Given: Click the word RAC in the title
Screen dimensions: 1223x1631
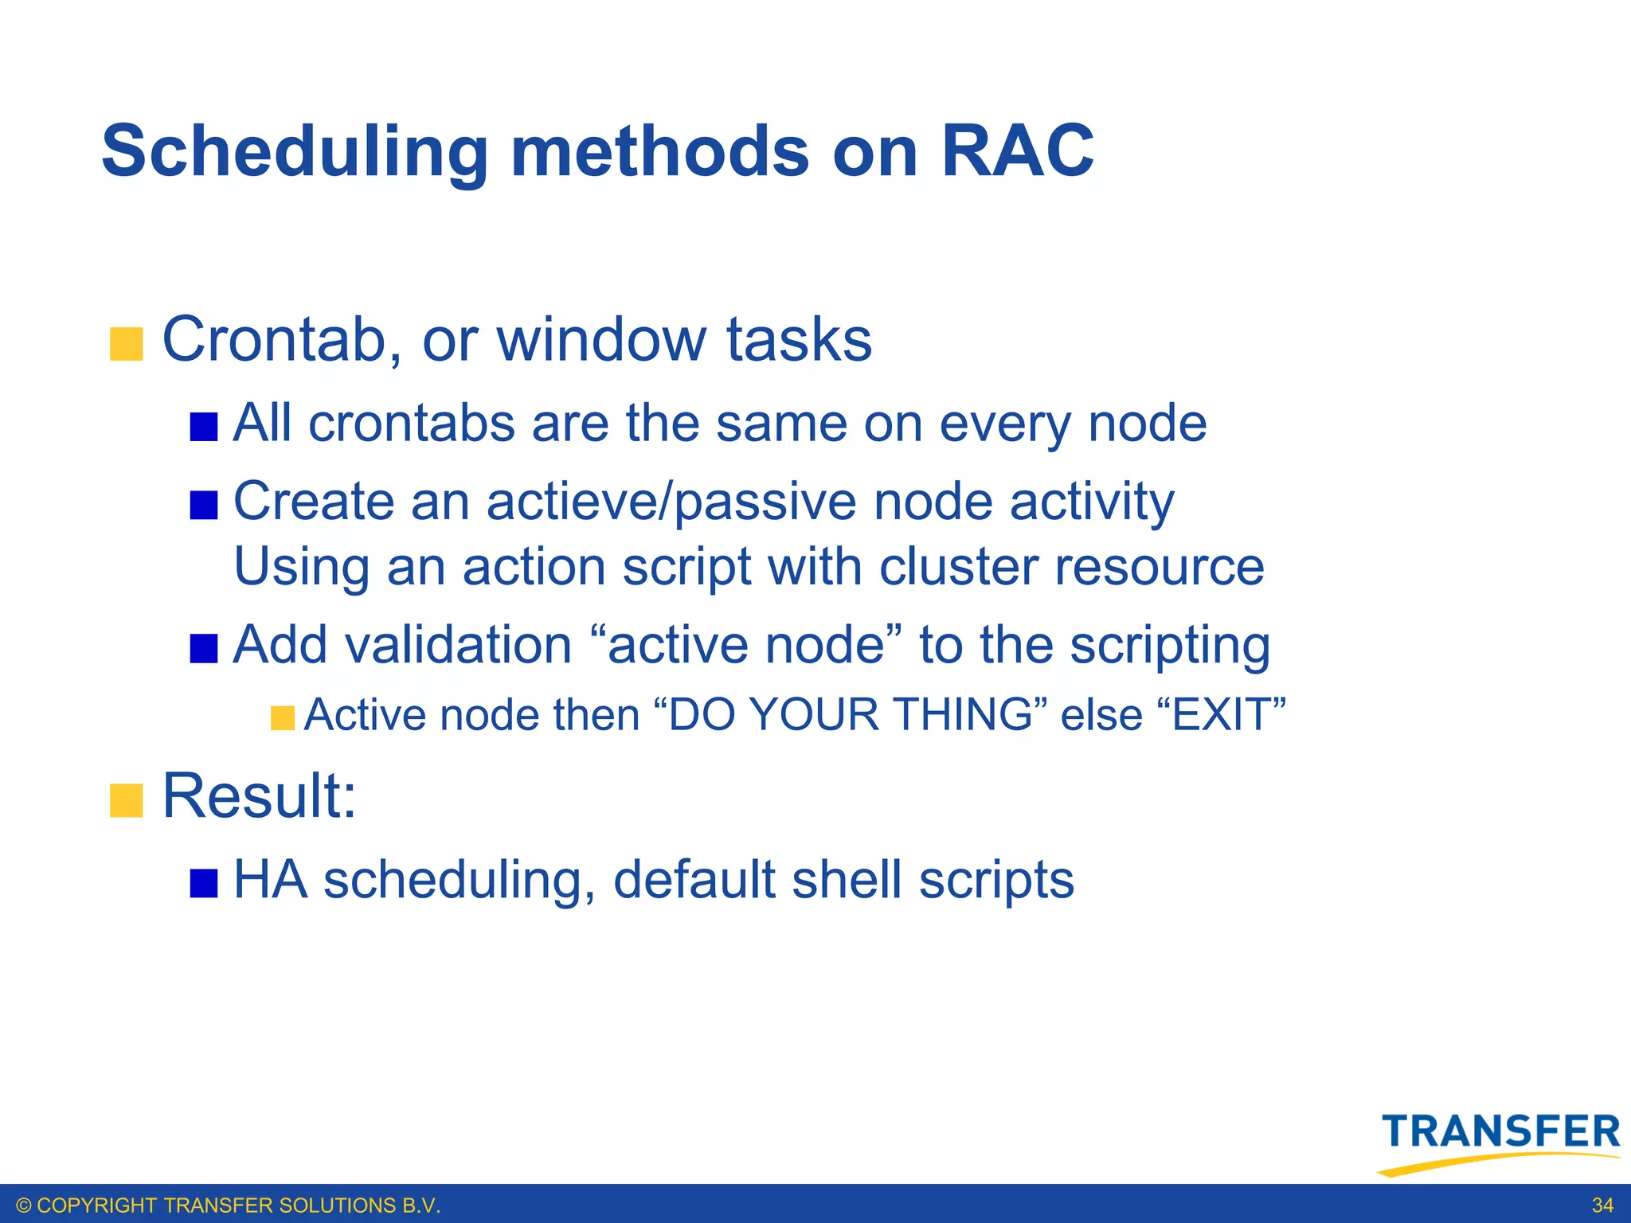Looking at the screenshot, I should (x=1017, y=151).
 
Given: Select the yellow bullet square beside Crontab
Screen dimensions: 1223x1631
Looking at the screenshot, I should (x=126, y=344).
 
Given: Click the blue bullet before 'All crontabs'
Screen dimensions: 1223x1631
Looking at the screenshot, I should (x=204, y=428).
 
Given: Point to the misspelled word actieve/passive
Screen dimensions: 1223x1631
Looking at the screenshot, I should (x=671, y=503).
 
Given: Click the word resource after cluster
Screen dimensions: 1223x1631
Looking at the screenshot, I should (x=1160, y=568).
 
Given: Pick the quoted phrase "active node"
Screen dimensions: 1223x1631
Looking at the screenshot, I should (x=747, y=645).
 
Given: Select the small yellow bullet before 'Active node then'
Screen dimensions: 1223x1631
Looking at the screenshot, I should (x=282, y=717).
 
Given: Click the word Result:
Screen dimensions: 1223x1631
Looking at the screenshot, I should (x=259, y=796).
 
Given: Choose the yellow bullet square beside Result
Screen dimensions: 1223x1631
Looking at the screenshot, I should (x=126, y=800).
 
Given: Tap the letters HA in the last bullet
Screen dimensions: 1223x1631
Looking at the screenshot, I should (x=270, y=880).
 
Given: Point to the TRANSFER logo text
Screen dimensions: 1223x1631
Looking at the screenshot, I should (x=1500, y=1131).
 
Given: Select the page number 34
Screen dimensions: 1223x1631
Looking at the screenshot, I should (x=1602, y=1205).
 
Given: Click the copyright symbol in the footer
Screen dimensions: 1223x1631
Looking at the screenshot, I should (x=24, y=1205).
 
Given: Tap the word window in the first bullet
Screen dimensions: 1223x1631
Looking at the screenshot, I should (x=601, y=340).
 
